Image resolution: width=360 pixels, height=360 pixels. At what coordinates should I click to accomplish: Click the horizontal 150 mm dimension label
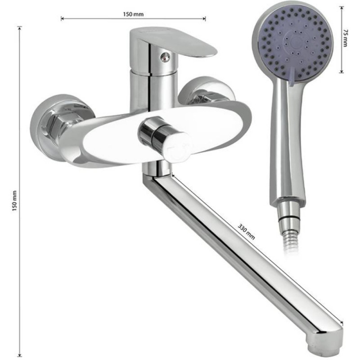pos(133,14)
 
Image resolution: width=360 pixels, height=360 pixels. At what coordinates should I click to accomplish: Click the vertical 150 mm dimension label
pos(14,201)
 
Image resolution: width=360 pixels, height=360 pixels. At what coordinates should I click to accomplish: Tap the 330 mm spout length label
pos(246,232)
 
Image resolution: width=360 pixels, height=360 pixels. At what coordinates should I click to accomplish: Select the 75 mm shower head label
pos(345,38)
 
